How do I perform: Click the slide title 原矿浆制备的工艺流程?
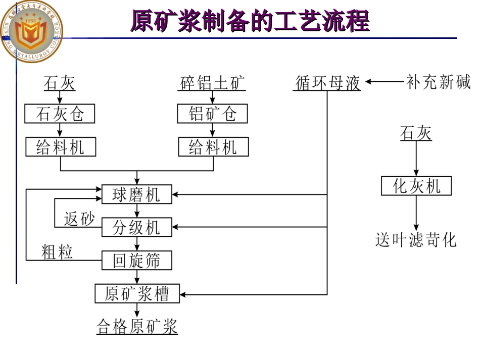pyautogui.click(x=250, y=21)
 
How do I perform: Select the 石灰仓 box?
pyautogui.click(x=60, y=114)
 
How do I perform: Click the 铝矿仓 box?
pyautogui.click(x=213, y=114)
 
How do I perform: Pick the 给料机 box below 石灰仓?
pyautogui.click(x=60, y=147)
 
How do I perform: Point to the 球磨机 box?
pyautogui.click(x=136, y=194)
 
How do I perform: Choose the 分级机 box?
pyautogui.click(x=136, y=227)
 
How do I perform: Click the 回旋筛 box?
pyautogui.click(x=136, y=261)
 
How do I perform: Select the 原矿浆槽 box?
pyautogui.click(x=137, y=293)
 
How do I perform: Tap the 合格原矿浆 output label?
pyautogui.click(x=137, y=326)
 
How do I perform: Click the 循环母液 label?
pyautogui.click(x=327, y=82)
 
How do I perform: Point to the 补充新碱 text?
pyautogui.click(x=438, y=82)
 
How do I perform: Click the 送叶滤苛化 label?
pyautogui.click(x=416, y=239)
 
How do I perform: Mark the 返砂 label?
pyautogui.click(x=79, y=219)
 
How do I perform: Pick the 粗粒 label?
pyautogui.click(x=57, y=251)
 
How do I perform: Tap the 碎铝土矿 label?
pyautogui.click(x=213, y=82)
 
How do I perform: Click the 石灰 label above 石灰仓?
pyautogui.click(x=60, y=82)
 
